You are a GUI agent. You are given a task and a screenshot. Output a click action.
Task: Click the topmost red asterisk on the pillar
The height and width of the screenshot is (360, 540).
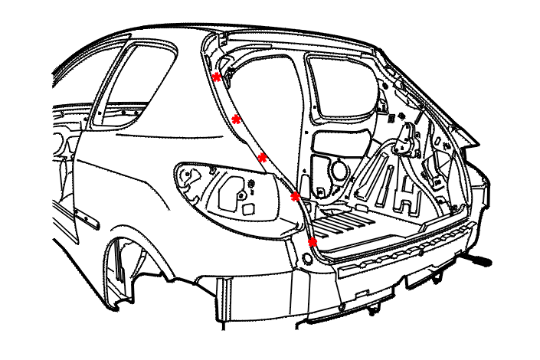point(217,77)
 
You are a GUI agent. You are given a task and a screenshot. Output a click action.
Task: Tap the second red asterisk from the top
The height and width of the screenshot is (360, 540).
point(237,119)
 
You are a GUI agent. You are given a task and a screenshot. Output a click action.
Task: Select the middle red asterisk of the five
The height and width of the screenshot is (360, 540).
point(262,157)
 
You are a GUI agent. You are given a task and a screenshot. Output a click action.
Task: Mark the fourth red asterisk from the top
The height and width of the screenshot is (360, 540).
point(296,197)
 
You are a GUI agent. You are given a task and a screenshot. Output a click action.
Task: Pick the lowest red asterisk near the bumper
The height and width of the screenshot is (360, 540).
point(313,242)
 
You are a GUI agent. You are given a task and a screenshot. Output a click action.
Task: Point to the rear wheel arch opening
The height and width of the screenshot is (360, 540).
point(126,268)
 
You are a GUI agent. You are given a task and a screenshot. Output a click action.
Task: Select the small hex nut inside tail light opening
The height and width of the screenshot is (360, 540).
point(243,196)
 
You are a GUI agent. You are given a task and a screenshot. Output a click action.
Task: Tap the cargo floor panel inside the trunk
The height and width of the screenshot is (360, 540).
point(360,222)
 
